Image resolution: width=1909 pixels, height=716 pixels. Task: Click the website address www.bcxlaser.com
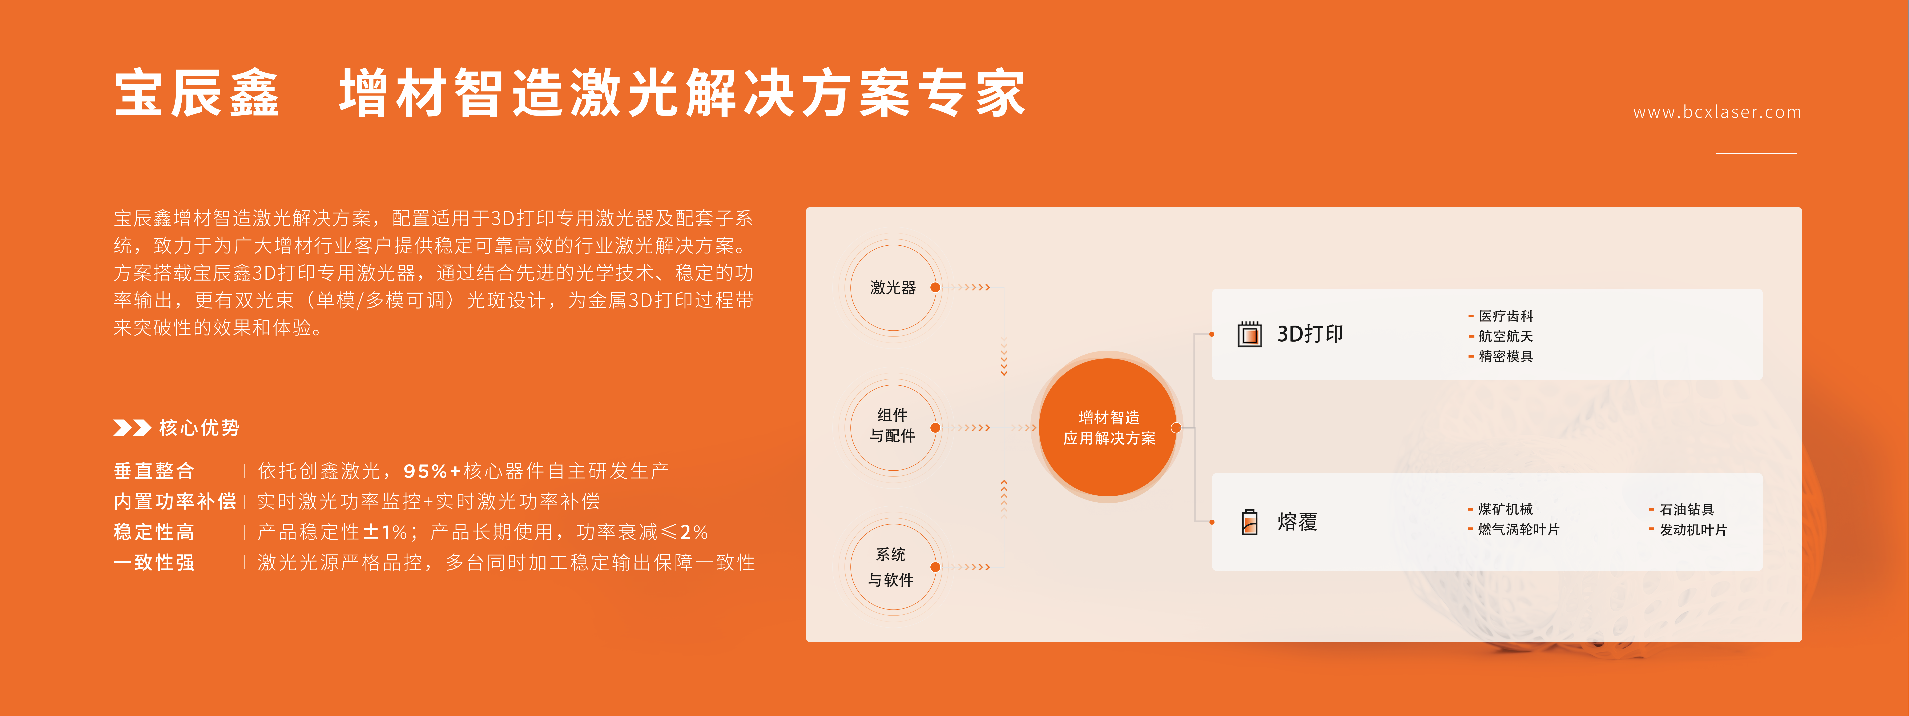1717,112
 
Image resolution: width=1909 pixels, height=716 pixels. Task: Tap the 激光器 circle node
893,287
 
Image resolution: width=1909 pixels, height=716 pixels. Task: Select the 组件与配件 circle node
893,427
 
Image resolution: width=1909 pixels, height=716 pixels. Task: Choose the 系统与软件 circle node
893,567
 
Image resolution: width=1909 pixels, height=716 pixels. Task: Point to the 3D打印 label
1309,334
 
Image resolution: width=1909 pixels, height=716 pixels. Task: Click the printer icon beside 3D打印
1249,334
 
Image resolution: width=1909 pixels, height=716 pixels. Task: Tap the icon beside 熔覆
1249,522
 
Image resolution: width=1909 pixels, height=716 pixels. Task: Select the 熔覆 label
1297,522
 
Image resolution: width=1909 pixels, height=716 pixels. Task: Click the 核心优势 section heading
199,428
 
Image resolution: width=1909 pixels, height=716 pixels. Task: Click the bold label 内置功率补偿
175,501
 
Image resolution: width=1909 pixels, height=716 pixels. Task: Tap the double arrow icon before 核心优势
132,428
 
